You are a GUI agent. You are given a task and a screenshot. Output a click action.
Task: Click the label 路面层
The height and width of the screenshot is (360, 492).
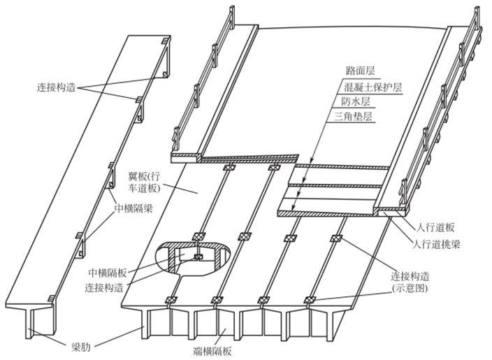pyautogui.click(x=361, y=71)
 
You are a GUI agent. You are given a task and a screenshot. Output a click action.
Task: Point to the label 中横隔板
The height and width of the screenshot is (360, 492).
pyautogui.click(x=107, y=272)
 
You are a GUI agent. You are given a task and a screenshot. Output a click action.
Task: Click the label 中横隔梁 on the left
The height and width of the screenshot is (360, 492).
pyautogui.click(x=136, y=207)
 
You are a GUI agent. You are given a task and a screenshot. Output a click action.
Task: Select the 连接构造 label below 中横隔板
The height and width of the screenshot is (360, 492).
pyautogui.click(x=106, y=287)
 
